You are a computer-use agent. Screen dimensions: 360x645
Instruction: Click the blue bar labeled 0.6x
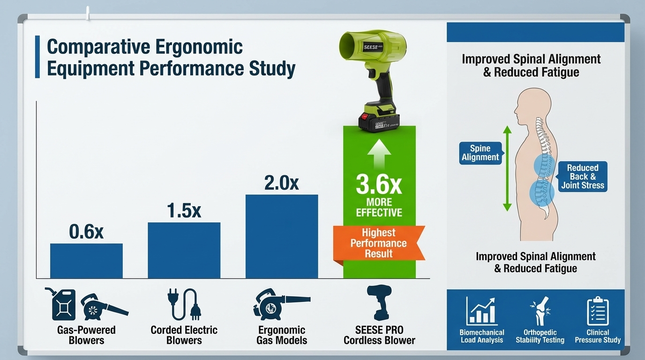point(86,261)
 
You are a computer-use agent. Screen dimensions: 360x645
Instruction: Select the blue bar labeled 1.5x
point(184,250)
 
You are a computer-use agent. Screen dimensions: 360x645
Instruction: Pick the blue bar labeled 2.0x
point(282,237)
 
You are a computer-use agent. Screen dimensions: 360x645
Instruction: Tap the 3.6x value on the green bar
point(379,185)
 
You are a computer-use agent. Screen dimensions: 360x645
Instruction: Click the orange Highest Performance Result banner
point(379,243)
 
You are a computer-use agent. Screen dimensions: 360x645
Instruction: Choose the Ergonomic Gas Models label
point(282,335)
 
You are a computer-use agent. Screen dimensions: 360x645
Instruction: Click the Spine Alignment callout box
point(480,153)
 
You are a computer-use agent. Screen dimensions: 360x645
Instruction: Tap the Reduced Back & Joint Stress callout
point(583,177)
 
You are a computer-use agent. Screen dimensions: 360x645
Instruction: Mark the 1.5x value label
point(184,211)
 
